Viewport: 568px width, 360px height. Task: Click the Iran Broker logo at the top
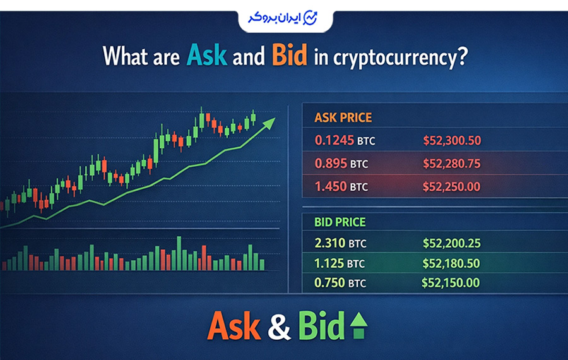pyautogui.click(x=283, y=18)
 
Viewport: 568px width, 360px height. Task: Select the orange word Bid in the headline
pyautogui.click(x=290, y=57)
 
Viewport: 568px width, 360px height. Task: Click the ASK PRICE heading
pyautogui.click(x=343, y=117)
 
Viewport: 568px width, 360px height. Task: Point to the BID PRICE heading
pyautogui.click(x=340, y=222)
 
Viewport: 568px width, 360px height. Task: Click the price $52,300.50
pyautogui.click(x=452, y=141)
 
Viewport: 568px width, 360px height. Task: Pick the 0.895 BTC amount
pyautogui.click(x=341, y=164)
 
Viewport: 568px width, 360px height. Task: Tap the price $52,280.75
pyautogui.click(x=452, y=164)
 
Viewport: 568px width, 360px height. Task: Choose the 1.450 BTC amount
pyautogui.click(x=341, y=187)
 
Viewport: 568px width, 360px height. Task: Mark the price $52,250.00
pyautogui.click(x=452, y=187)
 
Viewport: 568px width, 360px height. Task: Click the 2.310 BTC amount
pyautogui.click(x=340, y=243)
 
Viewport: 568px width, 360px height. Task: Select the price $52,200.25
pyautogui.click(x=451, y=243)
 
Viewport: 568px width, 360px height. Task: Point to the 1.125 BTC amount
pyautogui.click(x=340, y=263)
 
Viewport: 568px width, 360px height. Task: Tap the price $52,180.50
pyautogui.click(x=451, y=263)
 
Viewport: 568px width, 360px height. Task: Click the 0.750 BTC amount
pyautogui.click(x=340, y=283)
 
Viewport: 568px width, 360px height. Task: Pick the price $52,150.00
pyautogui.click(x=451, y=283)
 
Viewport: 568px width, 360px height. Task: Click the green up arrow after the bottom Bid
pyautogui.click(x=358, y=327)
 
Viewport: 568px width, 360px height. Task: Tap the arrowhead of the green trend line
pyautogui.click(x=269, y=122)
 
